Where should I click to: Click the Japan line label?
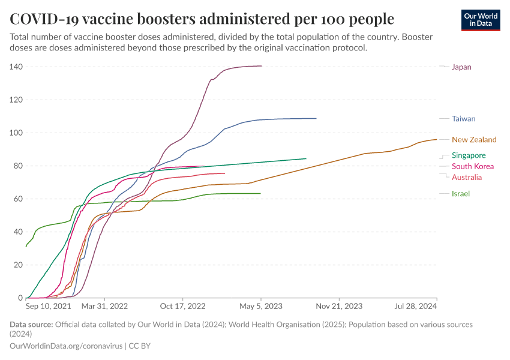(x=461, y=67)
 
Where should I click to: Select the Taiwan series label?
(x=463, y=119)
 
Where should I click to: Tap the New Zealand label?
(x=474, y=140)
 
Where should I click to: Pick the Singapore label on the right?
(x=469, y=155)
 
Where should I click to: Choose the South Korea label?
(x=473, y=166)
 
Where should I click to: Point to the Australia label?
(x=467, y=178)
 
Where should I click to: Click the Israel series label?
(x=460, y=194)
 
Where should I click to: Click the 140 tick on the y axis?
(x=16, y=67)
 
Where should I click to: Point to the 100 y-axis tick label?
(x=16, y=133)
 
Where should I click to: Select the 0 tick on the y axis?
(x=20, y=298)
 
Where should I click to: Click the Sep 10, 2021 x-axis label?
(x=49, y=306)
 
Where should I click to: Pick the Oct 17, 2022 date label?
(x=183, y=306)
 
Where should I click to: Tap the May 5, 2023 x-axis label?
(x=261, y=306)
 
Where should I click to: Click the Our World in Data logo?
(x=482, y=19)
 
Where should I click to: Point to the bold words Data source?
(x=31, y=325)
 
